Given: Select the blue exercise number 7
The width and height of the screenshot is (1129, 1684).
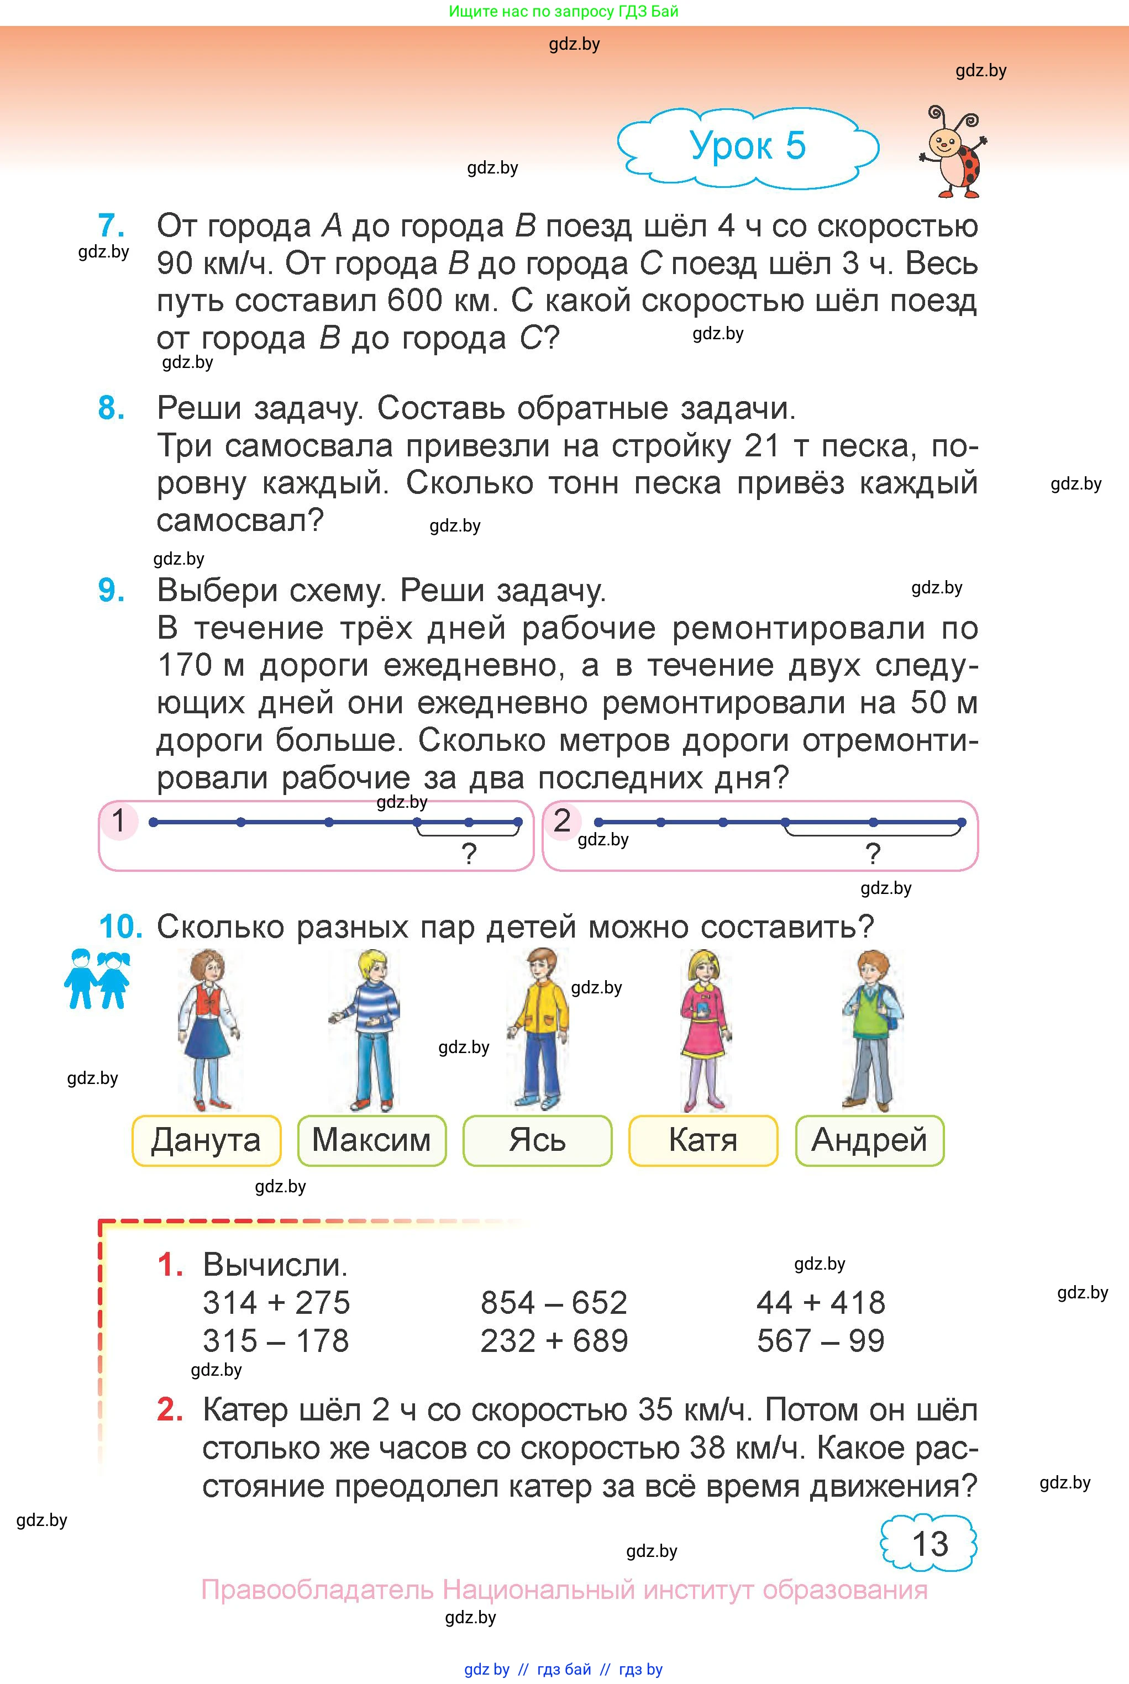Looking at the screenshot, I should (111, 226).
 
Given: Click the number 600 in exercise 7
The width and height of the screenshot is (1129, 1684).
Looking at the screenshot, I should (414, 301).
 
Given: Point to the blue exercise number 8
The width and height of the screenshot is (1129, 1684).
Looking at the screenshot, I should (112, 408).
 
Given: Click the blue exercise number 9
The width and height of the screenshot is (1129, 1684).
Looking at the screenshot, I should (112, 591).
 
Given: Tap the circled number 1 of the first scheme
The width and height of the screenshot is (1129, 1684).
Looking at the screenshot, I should (119, 821).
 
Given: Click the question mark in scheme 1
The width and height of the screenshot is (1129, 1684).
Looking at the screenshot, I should (469, 854).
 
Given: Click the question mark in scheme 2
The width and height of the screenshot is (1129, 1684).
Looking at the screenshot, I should (873, 854).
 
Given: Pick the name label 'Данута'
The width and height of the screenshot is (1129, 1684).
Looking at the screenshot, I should (206, 1141).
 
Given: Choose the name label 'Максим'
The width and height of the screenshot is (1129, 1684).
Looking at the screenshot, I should (371, 1141).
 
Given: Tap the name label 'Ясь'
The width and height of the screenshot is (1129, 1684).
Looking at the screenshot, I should (537, 1141).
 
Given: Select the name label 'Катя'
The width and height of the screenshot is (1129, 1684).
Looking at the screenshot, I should (703, 1141).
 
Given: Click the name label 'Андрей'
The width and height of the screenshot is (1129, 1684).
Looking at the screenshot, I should (869, 1141).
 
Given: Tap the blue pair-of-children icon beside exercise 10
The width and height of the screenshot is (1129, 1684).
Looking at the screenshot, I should (97, 980).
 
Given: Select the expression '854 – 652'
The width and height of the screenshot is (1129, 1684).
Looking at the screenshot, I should (554, 1303).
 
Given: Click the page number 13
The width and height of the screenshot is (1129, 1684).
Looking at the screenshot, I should (930, 1544).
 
